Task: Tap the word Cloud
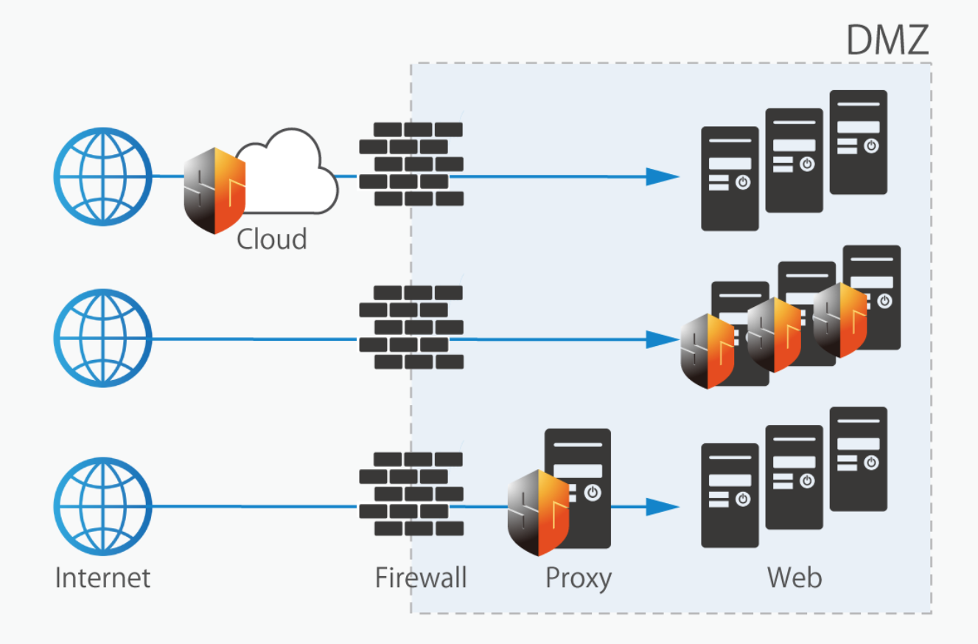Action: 271,239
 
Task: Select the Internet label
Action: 102,577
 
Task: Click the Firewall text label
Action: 421,577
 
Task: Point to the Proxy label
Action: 579,578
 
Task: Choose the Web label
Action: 794,577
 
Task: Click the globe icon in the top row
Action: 102,176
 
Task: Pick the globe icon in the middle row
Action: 102,339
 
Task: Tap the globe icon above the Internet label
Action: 102,505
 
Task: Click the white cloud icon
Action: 287,173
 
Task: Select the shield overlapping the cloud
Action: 214,190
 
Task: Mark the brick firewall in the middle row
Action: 411,327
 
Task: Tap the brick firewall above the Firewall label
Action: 411,494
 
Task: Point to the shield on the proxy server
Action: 539,512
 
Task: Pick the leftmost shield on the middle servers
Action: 708,351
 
